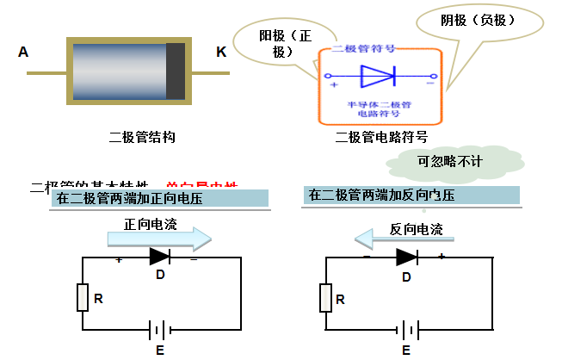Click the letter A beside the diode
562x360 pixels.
[23, 53]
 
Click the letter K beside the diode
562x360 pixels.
[221, 53]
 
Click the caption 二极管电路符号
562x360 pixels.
[381, 137]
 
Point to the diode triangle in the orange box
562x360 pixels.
[377, 77]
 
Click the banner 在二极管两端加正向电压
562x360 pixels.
[160, 198]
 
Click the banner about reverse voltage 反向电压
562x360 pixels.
[412, 196]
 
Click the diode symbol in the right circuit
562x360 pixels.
[406, 257]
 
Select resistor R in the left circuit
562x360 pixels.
[83, 297]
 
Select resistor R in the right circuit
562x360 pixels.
[325, 298]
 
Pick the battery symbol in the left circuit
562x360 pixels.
[158, 330]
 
